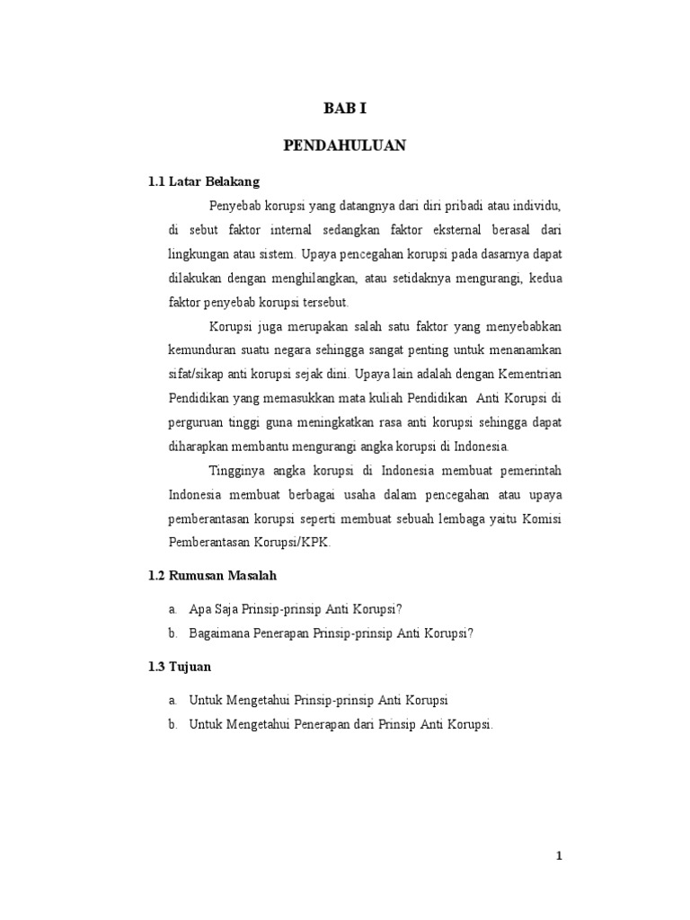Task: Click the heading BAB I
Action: [345, 110]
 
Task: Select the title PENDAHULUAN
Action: [345, 146]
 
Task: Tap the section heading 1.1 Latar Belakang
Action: [204, 181]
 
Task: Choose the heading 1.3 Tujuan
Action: [180, 667]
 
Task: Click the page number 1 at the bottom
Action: [559, 856]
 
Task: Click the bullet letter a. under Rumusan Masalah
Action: [172, 608]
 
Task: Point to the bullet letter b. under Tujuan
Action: [172, 724]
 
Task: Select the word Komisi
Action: [544, 518]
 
